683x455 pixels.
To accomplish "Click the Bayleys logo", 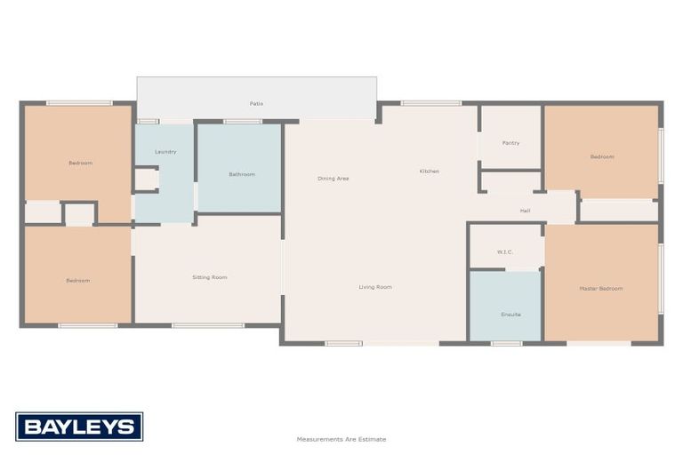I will [79, 427].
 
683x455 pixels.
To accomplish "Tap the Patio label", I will [256, 104].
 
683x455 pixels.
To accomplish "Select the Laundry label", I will [165, 152].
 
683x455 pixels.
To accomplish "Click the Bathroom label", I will [242, 174].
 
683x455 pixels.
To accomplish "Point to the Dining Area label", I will [333, 179].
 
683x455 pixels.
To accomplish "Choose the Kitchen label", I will [430, 172].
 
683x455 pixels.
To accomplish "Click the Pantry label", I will [510, 143].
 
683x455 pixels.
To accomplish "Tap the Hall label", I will [525, 211].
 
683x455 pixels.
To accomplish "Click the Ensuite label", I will [510, 315].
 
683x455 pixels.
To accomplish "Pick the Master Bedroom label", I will [601, 288].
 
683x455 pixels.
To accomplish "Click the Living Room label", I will [375, 287].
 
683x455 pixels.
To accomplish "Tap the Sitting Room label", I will [210, 277].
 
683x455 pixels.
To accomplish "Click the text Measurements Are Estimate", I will [341, 439].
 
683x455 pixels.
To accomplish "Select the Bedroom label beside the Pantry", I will [602, 157].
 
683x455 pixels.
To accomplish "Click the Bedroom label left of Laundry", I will [80, 164].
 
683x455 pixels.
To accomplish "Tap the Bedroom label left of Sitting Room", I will [78, 281].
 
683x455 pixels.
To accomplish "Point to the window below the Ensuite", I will [506, 343].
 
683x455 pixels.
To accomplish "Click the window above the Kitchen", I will [430, 103].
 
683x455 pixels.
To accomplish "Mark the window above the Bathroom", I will [242, 121].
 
